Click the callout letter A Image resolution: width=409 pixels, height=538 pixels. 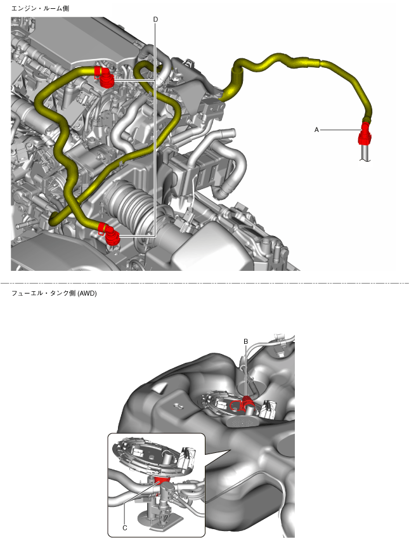click(x=316, y=129)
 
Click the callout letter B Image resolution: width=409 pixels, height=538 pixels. click(x=245, y=341)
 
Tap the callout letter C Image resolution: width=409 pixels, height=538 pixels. click(x=125, y=528)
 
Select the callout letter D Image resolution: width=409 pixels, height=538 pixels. click(x=155, y=20)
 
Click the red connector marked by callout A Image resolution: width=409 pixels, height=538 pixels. click(x=365, y=134)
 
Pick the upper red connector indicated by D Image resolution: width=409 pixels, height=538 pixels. click(x=103, y=77)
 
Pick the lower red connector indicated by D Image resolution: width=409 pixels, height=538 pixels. click(x=110, y=235)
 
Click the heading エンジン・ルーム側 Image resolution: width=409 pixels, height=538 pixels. click(x=40, y=8)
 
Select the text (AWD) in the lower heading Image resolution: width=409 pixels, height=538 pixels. click(x=87, y=293)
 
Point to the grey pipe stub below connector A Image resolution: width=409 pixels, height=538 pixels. click(x=365, y=153)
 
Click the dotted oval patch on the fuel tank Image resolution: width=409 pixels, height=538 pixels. click(x=243, y=421)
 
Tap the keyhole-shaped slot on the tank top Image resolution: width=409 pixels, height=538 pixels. click(x=179, y=407)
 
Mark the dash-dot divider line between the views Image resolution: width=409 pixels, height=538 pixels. click(x=204, y=284)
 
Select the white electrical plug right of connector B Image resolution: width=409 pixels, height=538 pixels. click(x=268, y=409)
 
